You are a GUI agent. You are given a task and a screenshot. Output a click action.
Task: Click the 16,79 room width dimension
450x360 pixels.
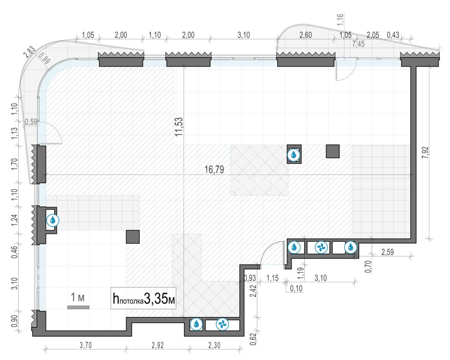coord(214,170)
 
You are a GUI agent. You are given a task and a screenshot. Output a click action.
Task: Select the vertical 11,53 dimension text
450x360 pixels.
coord(179,127)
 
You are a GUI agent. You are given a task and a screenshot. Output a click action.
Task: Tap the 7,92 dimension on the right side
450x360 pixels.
coord(425,153)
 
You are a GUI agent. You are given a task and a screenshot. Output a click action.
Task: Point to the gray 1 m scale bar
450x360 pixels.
coord(78,307)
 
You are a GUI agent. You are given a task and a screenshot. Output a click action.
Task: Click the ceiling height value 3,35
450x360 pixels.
coord(156,299)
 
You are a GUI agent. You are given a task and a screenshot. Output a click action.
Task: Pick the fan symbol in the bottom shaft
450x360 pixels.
coord(222,324)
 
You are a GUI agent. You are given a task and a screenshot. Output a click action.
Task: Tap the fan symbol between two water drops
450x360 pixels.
coord(321,248)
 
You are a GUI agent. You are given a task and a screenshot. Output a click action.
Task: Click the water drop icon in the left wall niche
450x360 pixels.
coord(53,220)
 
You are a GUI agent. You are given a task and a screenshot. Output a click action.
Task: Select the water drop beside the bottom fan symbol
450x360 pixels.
coord(196,324)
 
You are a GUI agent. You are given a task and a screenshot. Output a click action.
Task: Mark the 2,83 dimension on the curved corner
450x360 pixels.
coord(29,52)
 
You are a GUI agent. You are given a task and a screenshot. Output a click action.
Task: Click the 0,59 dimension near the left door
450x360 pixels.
coord(31,122)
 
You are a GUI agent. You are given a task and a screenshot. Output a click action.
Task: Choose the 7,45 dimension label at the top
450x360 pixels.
coord(358,44)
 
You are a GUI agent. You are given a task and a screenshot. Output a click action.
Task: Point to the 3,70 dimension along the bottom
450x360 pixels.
coord(86,345)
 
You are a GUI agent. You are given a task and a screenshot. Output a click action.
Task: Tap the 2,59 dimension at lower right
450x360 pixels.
coord(387,252)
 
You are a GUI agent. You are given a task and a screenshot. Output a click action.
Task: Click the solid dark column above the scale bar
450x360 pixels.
coord(133,237)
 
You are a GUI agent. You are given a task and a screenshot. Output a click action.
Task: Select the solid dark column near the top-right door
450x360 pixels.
coord(333,151)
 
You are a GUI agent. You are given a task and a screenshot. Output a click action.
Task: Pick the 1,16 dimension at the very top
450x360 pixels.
coord(340,19)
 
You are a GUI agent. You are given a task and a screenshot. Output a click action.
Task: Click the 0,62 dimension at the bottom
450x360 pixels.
coord(253,339)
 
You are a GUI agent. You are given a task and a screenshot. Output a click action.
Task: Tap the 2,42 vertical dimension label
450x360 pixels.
coord(253,291)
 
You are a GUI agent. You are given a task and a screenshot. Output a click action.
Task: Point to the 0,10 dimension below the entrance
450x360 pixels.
coord(296,289)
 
